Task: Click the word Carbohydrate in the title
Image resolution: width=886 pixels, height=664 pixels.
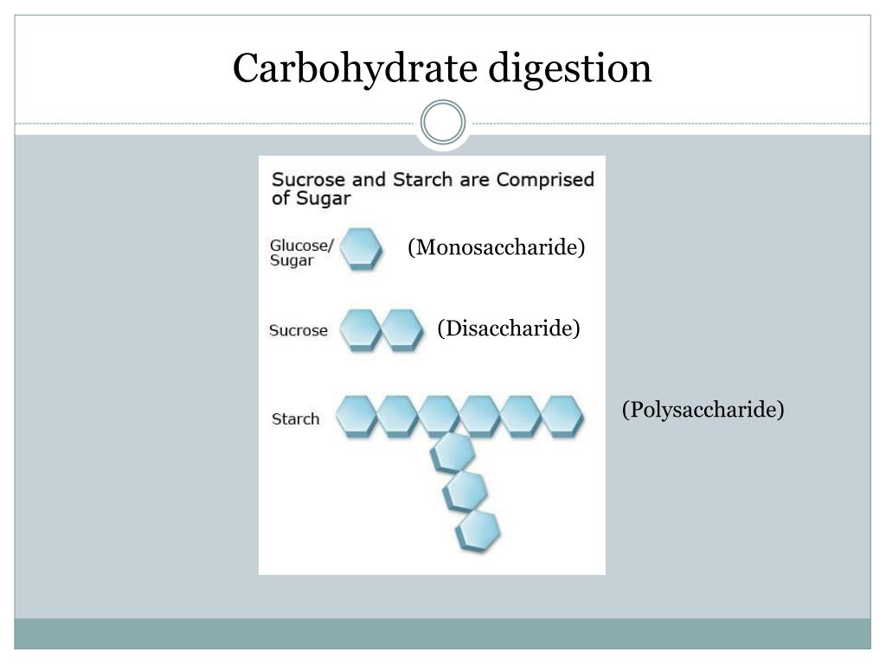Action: tap(356, 68)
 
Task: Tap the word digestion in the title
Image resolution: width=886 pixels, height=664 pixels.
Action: tap(570, 68)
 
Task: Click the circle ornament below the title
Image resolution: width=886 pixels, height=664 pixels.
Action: tap(443, 123)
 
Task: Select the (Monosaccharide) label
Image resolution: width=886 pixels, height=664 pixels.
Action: tap(496, 246)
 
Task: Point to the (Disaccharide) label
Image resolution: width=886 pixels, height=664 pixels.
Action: tap(509, 328)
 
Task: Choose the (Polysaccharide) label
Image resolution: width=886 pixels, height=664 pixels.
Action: tap(703, 409)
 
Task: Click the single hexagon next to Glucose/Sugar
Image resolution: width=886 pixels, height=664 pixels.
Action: tap(361, 248)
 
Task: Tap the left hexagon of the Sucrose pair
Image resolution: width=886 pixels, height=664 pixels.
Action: tap(361, 329)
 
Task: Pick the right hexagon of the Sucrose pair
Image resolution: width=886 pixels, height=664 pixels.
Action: tap(401, 329)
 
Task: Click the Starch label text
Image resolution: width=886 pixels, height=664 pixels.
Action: tap(296, 419)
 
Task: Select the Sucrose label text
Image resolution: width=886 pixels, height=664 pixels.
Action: tap(299, 330)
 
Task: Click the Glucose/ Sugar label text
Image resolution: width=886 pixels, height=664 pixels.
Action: tap(302, 252)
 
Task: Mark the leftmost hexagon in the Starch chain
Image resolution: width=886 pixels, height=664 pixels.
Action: tap(356, 417)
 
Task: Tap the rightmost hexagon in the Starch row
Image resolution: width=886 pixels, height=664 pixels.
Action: tap(562, 417)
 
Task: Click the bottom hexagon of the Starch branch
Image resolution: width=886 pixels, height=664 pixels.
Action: tap(478, 531)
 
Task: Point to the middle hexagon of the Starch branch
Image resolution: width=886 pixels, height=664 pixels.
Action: tap(465, 492)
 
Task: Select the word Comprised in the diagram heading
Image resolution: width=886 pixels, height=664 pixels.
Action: tap(545, 180)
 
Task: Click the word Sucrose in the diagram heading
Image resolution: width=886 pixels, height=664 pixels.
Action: tap(309, 180)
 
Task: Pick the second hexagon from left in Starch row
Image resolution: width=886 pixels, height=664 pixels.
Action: tap(398, 417)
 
